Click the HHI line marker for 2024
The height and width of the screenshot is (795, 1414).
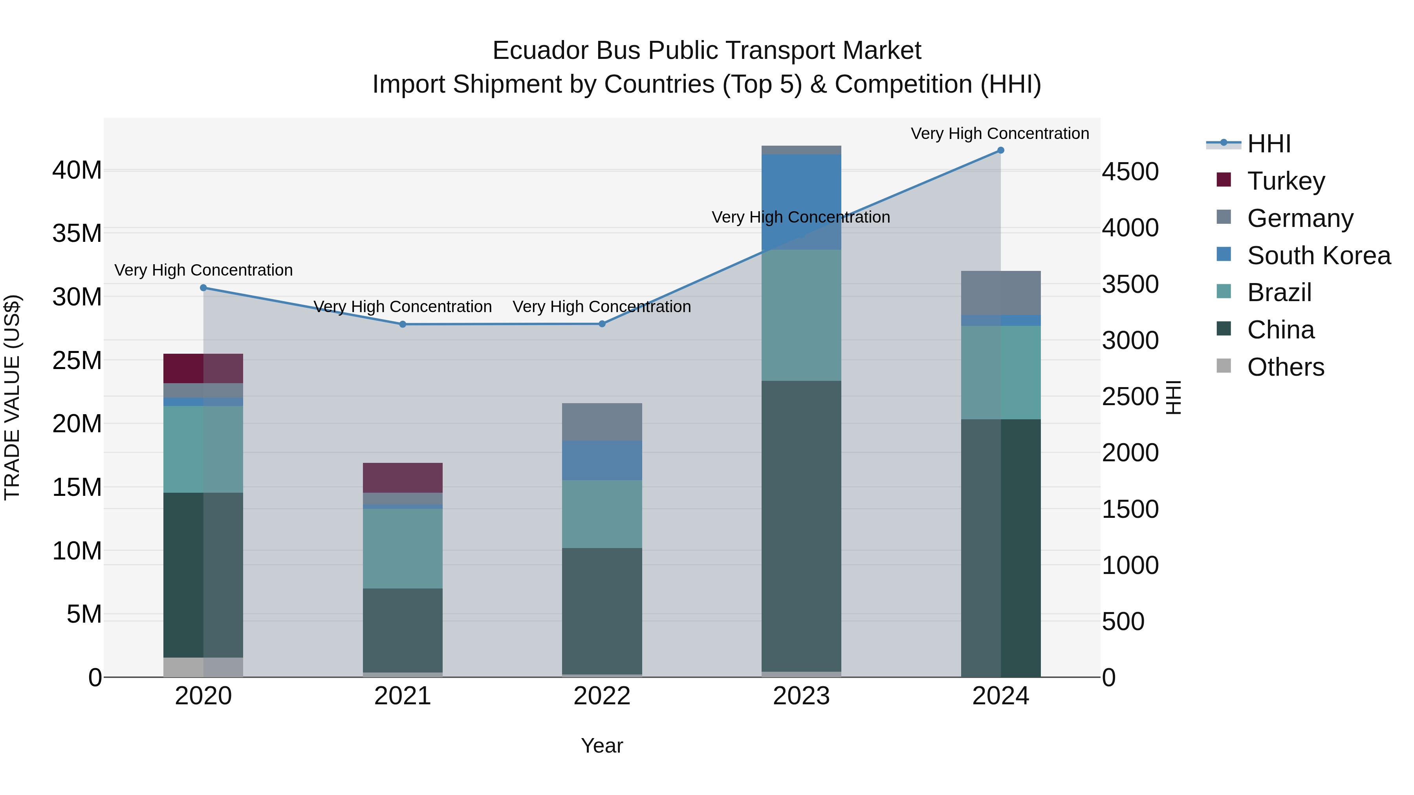tap(1000, 150)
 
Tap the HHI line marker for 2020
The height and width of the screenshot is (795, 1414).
tap(203, 287)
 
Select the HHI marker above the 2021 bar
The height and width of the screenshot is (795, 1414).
tap(402, 324)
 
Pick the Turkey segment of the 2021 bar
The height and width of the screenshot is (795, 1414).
tap(402, 477)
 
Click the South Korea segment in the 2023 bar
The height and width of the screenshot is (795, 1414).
tap(801, 201)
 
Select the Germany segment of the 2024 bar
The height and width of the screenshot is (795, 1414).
tap(1000, 292)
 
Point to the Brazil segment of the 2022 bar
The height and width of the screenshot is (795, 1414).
tap(602, 514)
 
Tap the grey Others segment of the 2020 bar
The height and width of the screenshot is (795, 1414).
tap(203, 667)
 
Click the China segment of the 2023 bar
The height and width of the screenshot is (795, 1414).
tap(801, 526)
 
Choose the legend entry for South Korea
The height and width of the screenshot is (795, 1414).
tap(1319, 256)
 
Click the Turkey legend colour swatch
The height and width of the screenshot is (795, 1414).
tap(1224, 180)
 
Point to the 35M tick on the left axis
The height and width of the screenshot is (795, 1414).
tap(77, 234)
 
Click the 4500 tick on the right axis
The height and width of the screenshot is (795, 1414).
tap(1130, 172)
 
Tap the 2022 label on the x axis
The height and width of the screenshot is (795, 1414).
tap(602, 696)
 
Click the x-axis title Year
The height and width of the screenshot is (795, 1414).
tap(602, 746)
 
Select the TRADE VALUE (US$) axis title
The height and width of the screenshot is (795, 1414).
tap(12, 397)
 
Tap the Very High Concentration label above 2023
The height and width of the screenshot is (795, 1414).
tap(800, 217)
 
